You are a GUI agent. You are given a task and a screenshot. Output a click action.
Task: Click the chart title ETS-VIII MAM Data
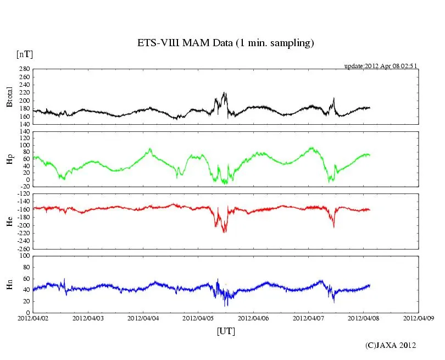(x=225, y=43)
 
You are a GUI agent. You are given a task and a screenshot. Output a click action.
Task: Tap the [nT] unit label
(x=24, y=54)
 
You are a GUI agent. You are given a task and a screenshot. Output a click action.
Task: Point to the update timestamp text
(x=381, y=66)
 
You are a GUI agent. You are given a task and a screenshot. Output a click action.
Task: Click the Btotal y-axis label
(x=9, y=97)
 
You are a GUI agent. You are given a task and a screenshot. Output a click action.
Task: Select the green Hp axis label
(x=9, y=159)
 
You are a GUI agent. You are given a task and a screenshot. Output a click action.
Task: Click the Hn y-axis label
(x=9, y=284)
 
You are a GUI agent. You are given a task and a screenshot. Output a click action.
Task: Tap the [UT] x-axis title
(x=226, y=331)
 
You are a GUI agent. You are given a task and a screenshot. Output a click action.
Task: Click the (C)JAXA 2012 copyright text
(x=391, y=345)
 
